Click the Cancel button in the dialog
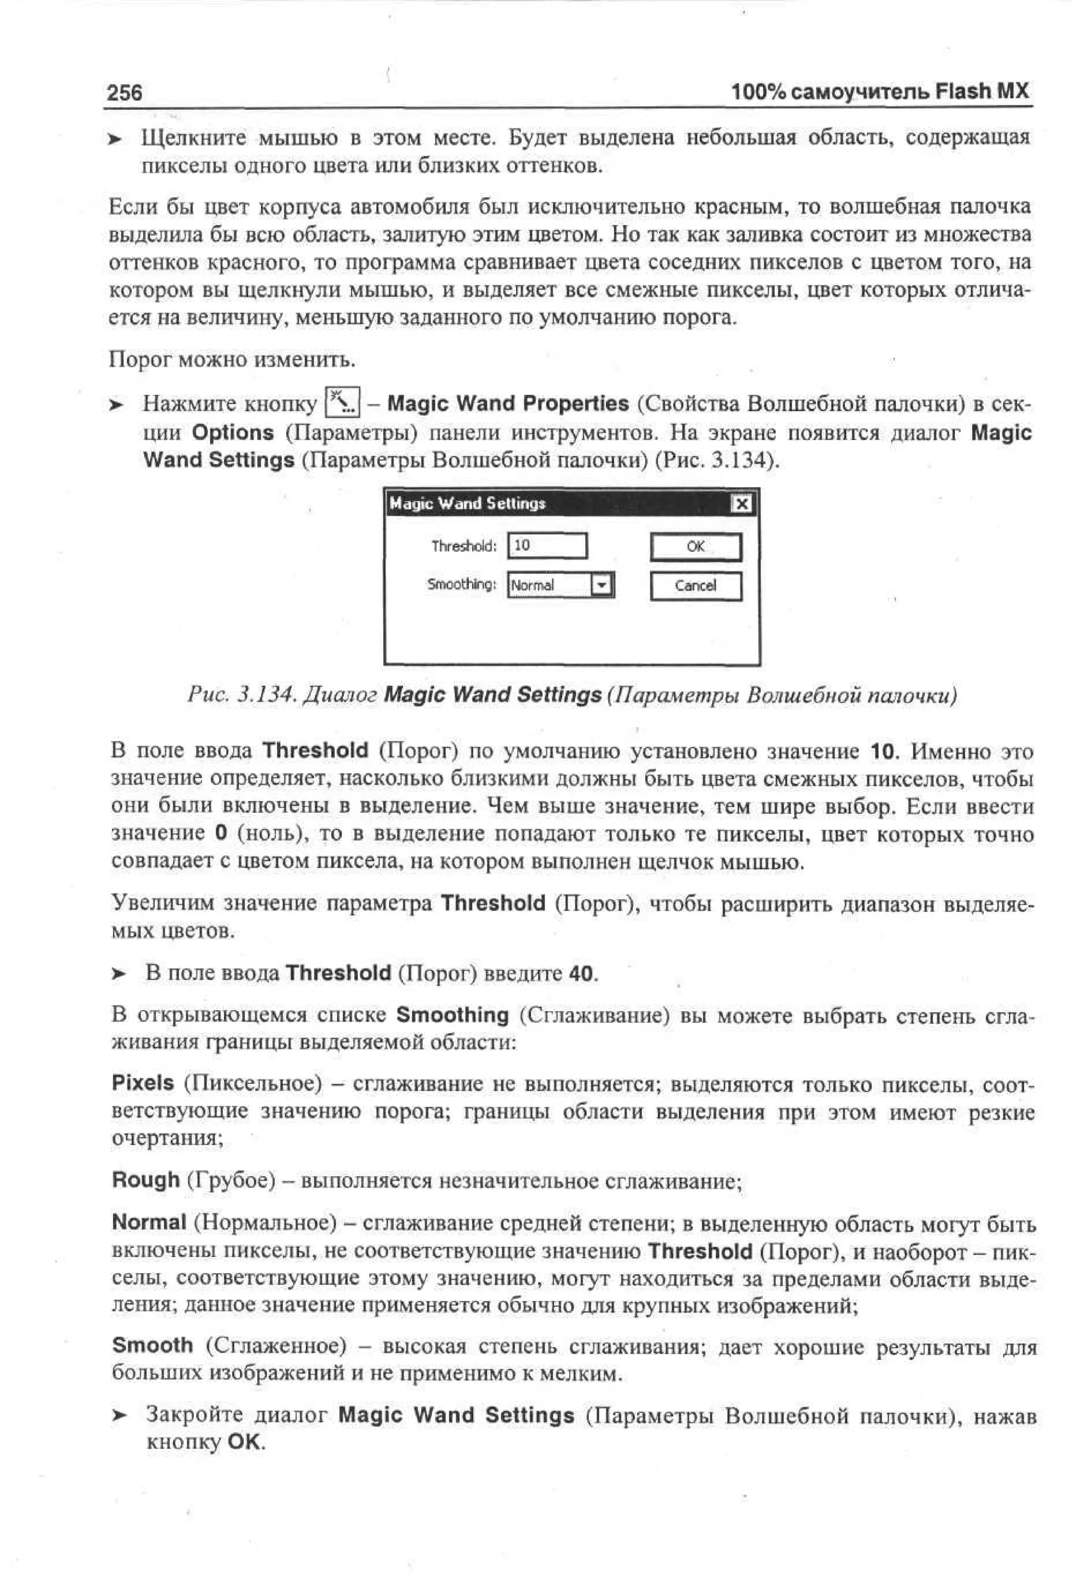click(x=695, y=586)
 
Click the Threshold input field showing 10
click(x=547, y=546)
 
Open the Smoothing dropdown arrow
click(x=602, y=585)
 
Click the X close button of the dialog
click(x=742, y=503)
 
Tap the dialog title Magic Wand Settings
click(x=468, y=503)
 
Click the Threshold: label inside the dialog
click(x=465, y=546)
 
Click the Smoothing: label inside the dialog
click(x=461, y=584)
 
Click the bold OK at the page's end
click(x=245, y=1442)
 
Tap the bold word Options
click(x=233, y=432)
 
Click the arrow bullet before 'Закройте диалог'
click(x=119, y=1416)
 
